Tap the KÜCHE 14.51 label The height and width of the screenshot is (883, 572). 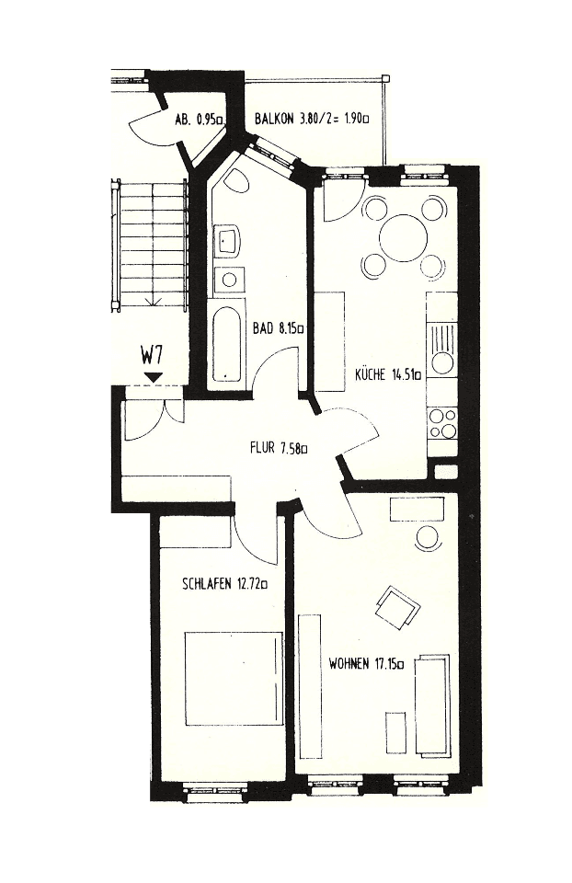(x=388, y=374)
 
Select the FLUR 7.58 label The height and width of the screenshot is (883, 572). (x=278, y=449)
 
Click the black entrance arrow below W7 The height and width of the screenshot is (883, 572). (x=153, y=375)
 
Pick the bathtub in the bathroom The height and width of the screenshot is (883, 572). (x=225, y=346)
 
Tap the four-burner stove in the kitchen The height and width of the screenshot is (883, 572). (x=442, y=422)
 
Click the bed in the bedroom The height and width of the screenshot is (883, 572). (x=232, y=678)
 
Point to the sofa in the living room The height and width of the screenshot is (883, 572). (x=432, y=703)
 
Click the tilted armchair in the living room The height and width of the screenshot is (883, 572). (x=397, y=607)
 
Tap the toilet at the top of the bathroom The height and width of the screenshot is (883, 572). (x=236, y=179)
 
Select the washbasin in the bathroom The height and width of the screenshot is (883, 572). (x=228, y=241)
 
